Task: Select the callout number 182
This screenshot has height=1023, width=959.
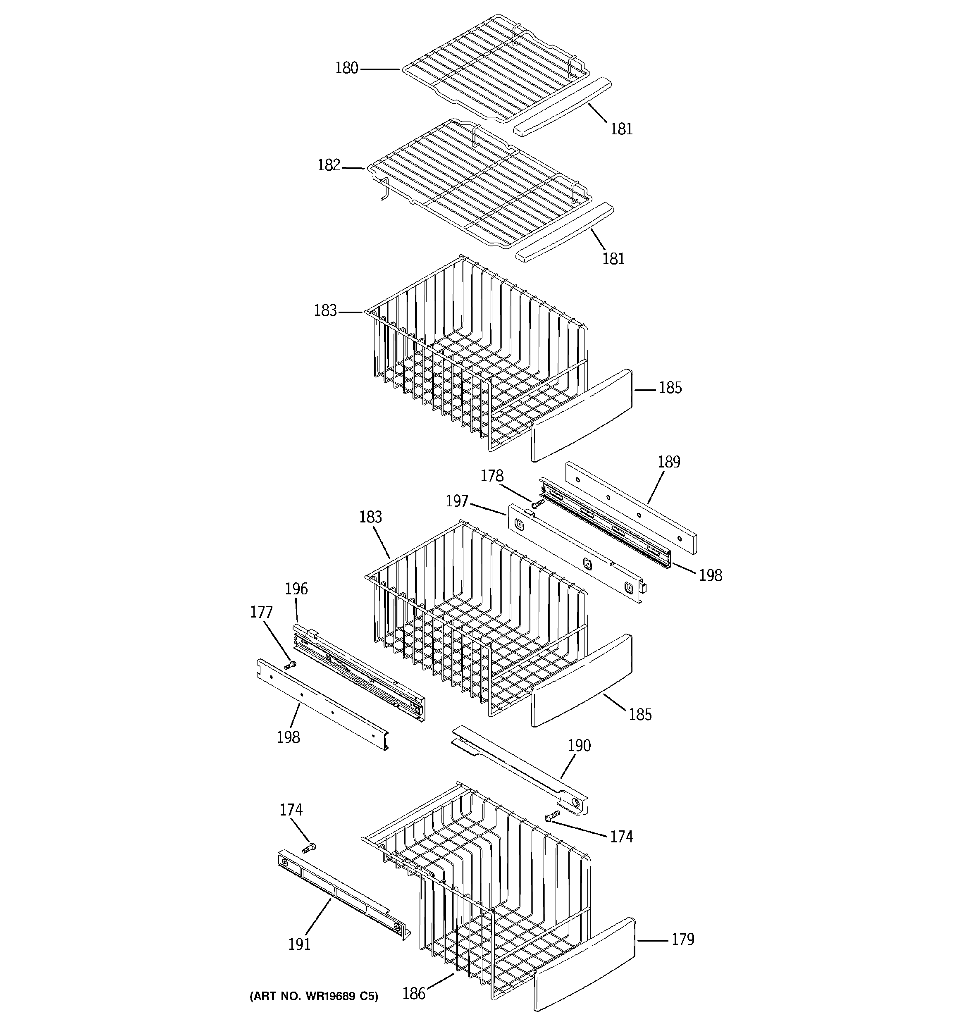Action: point(329,165)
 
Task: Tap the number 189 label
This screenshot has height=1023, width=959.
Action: point(669,462)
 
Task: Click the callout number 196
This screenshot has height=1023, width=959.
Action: point(296,589)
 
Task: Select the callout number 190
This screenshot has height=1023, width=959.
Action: point(579,745)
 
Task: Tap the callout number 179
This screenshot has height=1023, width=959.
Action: point(682,939)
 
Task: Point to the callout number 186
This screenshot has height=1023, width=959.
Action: point(414,993)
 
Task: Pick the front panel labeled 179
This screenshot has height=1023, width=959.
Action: point(584,964)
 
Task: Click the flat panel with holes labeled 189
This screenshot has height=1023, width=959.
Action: point(630,506)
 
